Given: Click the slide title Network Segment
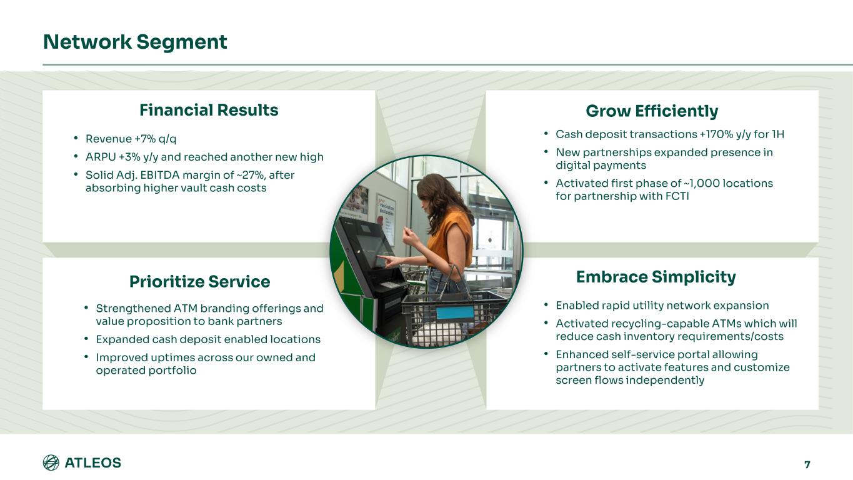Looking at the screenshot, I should point(135,42).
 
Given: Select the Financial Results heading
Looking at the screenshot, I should point(209,110).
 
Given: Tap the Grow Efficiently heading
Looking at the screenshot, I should point(652,111).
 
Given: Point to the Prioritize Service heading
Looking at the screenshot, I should point(199,282).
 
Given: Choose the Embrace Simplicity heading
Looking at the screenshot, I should point(656,277).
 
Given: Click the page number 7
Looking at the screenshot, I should point(807,464).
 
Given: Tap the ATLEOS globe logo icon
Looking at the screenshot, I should point(51,463).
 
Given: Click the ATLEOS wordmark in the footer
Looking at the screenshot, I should point(93,463).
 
